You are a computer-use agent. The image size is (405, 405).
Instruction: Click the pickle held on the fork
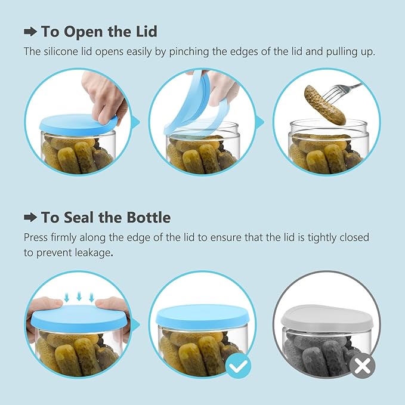(x=325, y=106)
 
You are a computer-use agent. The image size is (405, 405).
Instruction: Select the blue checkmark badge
(x=238, y=366)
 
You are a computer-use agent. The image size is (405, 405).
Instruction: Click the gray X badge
(x=362, y=366)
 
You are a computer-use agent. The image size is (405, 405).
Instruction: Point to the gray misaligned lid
(x=327, y=319)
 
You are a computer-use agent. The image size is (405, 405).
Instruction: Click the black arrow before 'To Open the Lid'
(x=30, y=32)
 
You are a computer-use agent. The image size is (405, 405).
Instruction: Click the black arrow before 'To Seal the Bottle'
(x=30, y=218)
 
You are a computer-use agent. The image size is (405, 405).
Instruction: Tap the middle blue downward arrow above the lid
(x=79, y=296)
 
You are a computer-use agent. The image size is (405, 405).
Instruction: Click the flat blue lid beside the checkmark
(x=202, y=317)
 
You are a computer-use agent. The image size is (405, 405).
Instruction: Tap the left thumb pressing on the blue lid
(x=46, y=304)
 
